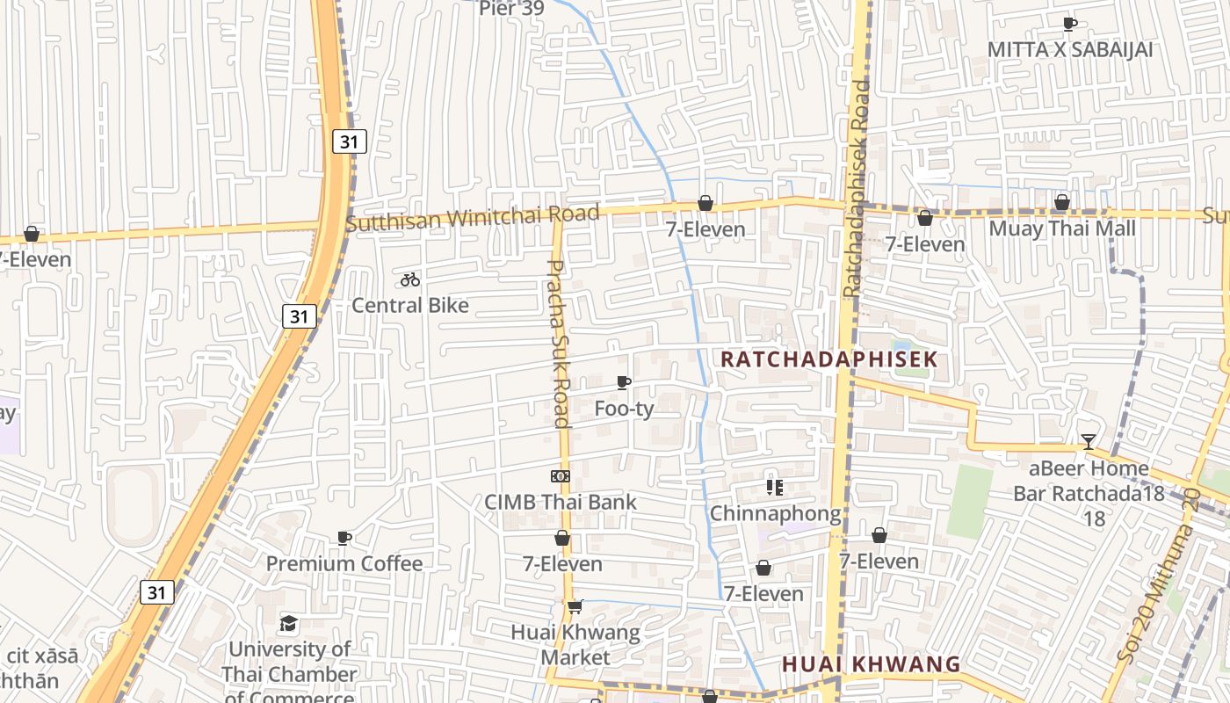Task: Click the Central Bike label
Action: pos(410,305)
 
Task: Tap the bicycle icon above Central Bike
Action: pos(410,279)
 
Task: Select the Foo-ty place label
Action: pos(624,409)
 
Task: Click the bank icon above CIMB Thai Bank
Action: pos(561,476)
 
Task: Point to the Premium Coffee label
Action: pos(344,563)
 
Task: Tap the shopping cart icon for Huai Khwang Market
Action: pos(575,606)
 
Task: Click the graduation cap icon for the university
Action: pos(289,624)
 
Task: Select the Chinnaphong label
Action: pos(774,512)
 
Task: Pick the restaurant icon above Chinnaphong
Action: pos(774,487)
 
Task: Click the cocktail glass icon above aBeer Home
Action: pos(1089,442)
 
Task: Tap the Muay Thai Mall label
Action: pos(1062,228)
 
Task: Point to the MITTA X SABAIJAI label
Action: pos(1069,49)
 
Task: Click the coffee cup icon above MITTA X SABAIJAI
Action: pos(1069,24)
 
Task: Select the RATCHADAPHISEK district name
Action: pos(829,359)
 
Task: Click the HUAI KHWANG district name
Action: pos(872,663)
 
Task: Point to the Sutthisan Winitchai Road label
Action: pos(473,217)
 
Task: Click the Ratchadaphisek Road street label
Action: pos(855,188)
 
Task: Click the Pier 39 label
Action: pos(511,9)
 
